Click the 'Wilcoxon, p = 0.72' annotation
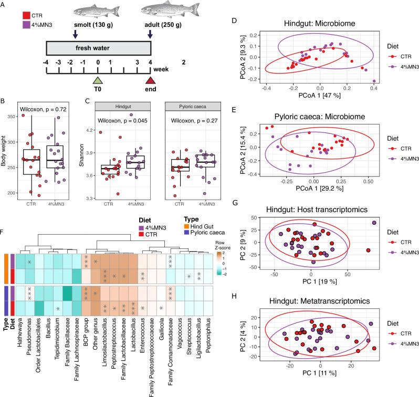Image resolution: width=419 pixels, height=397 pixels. coord(47,109)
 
